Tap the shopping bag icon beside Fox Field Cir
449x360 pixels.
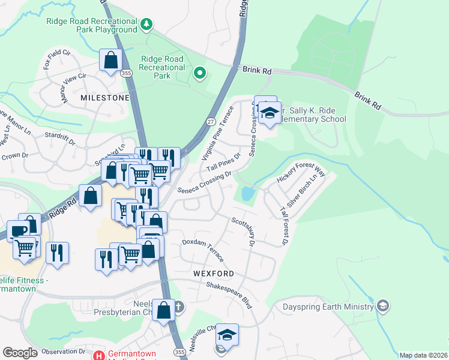tap(111, 60)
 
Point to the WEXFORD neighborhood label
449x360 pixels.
tap(213, 274)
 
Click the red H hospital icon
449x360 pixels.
tap(99, 355)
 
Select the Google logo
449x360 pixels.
tap(20, 353)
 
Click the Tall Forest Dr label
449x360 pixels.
tap(284, 226)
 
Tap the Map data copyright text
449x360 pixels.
tap(423, 355)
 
